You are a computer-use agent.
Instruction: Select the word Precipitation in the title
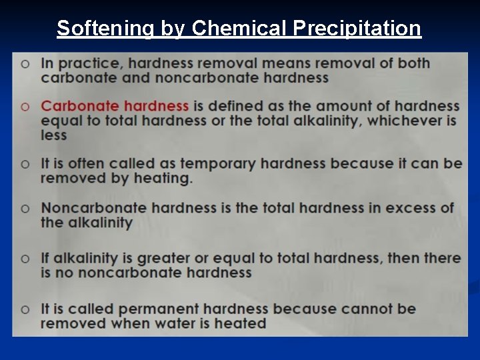[x=357, y=28]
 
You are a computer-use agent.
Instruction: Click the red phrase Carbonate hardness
[x=115, y=106]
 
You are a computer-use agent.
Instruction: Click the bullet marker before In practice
[x=25, y=64]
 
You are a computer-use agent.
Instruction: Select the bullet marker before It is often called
[x=25, y=164]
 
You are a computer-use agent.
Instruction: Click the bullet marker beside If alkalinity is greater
[x=25, y=258]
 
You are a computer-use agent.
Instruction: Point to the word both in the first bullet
[x=413, y=64]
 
